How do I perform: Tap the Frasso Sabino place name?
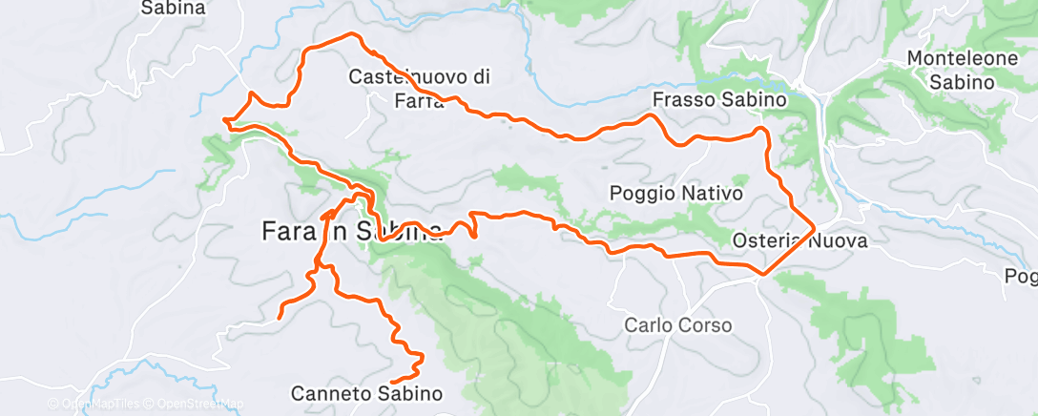tap(718, 99)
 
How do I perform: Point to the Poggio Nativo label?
tap(675, 194)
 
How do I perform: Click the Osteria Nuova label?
tap(799, 241)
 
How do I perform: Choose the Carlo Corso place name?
tap(677, 325)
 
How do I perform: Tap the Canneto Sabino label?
tap(367, 393)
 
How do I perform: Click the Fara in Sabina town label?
tap(351, 231)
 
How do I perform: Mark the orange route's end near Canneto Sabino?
tap(393, 382)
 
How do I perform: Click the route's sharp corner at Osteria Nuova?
tap(813, 229)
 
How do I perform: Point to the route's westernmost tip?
tap(224, 120)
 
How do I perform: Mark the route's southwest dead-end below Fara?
tap(279, 316)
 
